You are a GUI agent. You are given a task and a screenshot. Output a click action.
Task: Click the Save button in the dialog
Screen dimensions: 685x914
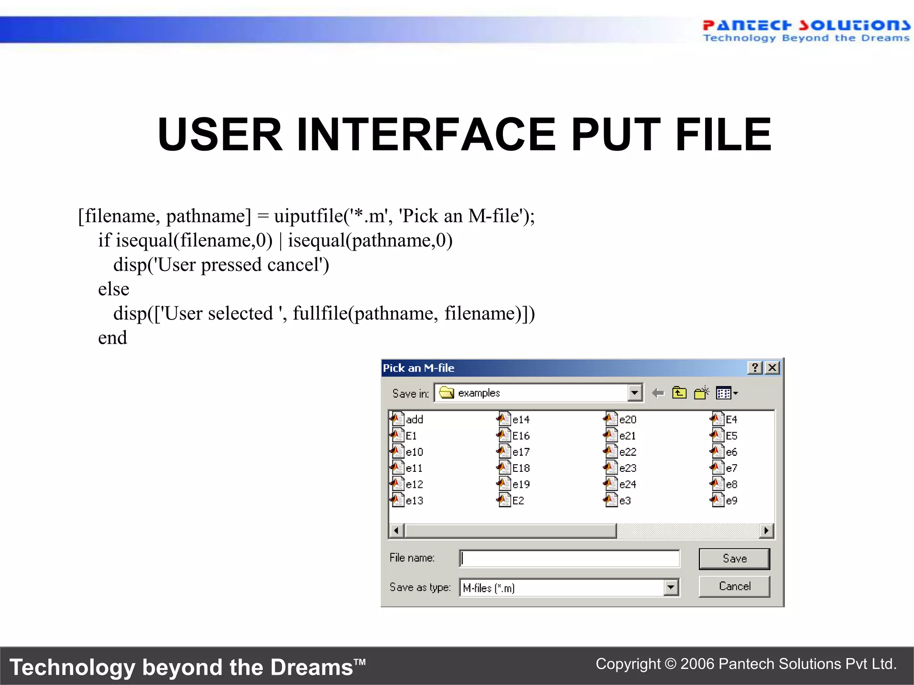coord(734,559)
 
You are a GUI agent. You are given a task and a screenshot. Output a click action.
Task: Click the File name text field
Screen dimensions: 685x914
coord(569,558)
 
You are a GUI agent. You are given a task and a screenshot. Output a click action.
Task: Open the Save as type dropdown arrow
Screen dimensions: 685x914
coord(670,588)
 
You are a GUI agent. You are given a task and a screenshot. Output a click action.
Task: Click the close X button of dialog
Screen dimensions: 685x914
coord(773,368)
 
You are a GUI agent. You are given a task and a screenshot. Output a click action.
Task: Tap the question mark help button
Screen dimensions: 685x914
coord(755,368)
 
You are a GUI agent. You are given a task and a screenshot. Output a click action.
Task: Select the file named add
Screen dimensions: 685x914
coord(414,420)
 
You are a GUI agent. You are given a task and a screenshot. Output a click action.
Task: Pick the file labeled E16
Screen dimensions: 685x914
coord(520,436)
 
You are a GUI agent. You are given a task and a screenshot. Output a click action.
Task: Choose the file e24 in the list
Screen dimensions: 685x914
coord(627,484)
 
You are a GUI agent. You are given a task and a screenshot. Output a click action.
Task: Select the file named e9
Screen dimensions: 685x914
coord(731,501)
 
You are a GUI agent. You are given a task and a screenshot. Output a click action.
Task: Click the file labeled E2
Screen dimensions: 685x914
coord(518,501)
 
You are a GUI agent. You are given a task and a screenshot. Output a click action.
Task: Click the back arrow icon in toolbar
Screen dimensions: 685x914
coord(658,393)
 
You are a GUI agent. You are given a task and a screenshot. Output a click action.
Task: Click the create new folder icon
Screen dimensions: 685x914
coord(701,393)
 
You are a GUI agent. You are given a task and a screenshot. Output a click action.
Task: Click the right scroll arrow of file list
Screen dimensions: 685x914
coord(766,531)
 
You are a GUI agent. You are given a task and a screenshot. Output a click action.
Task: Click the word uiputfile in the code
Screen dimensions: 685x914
coord(308,216)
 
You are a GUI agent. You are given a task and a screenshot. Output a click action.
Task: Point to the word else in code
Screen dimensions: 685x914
coord(113,289)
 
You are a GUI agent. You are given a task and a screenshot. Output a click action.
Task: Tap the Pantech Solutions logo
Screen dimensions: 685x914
coord(806,30)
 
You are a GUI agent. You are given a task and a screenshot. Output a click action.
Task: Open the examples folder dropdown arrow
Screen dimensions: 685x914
coord(634,393)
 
